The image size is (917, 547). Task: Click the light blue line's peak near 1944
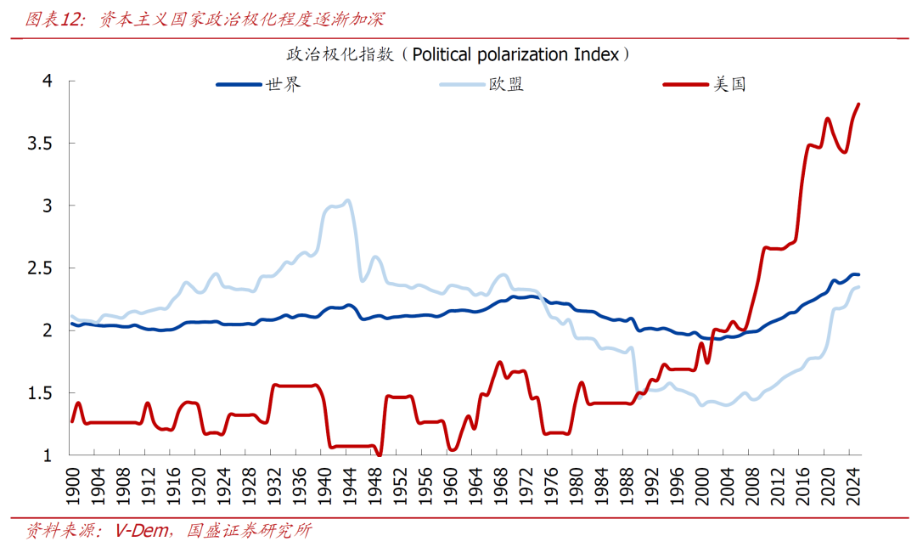[x=348, y=200]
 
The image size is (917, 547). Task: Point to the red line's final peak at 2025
[x=858, y=104]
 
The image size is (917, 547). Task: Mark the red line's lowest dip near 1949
[x=380, y=454]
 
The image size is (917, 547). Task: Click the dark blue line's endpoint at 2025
[x=858, y=274]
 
